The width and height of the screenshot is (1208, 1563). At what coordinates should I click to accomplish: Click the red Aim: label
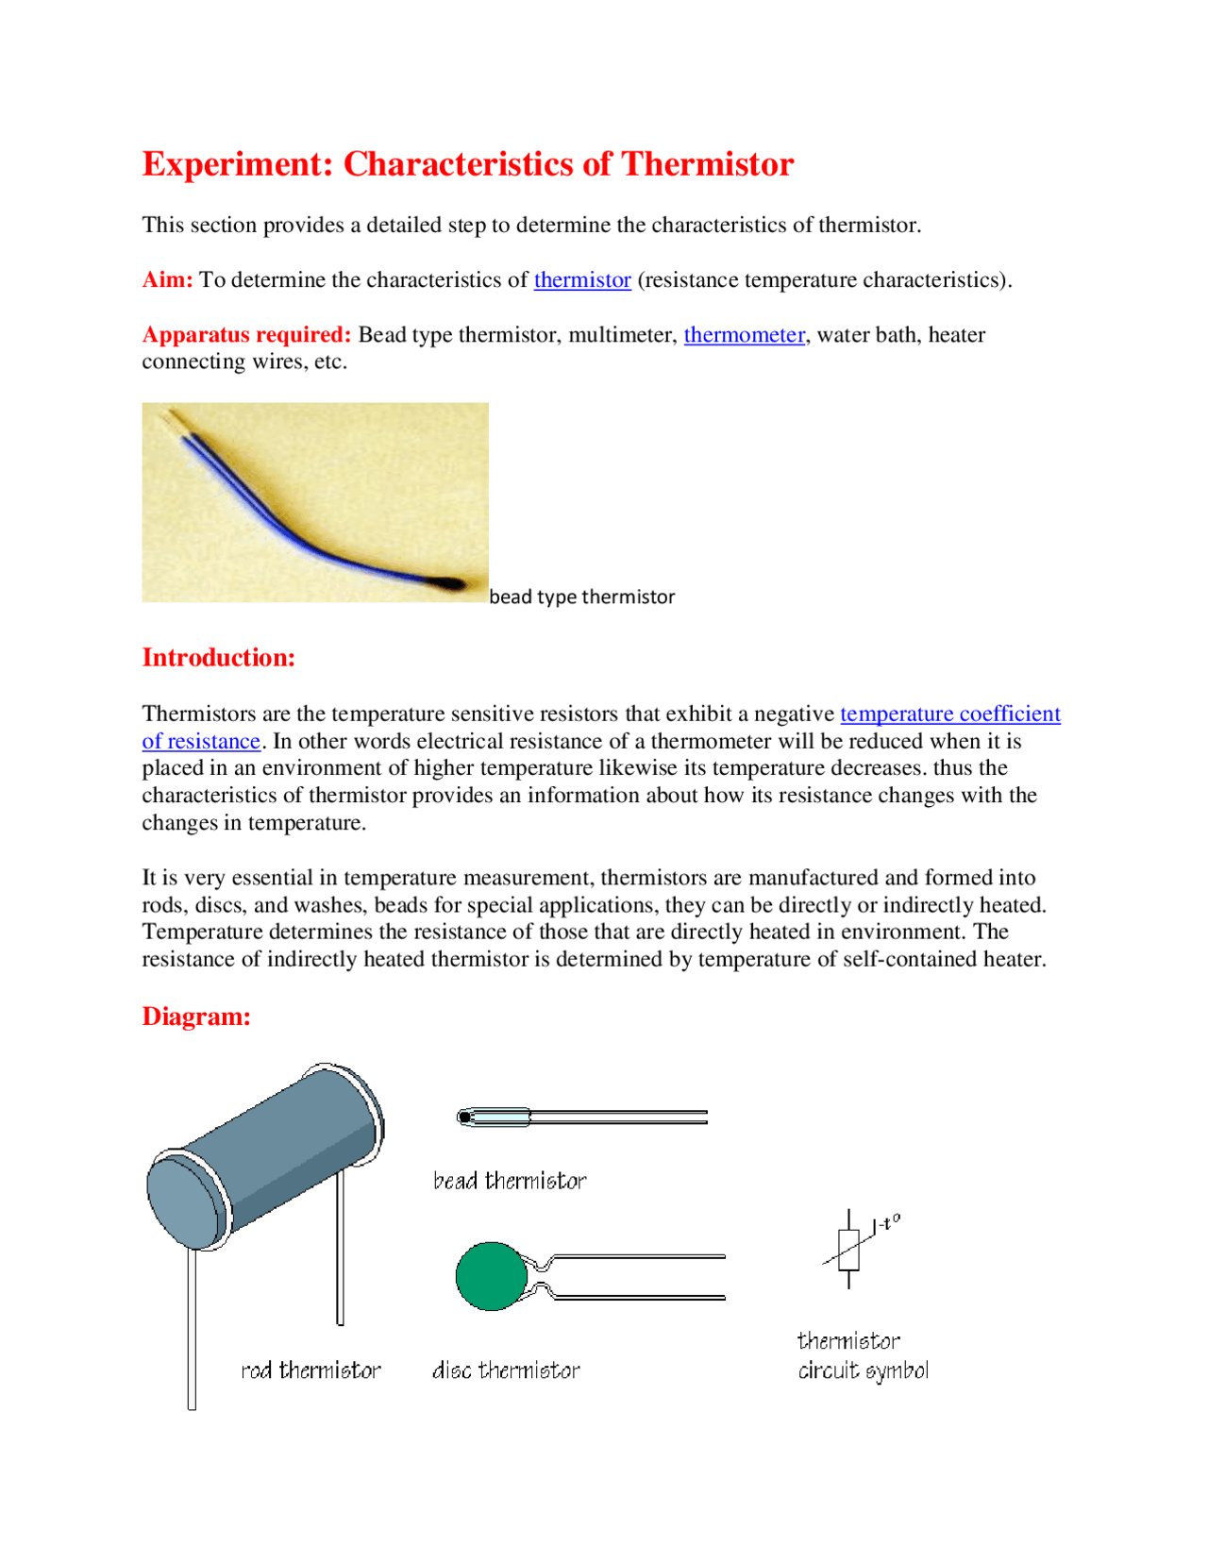[x=167, y=280]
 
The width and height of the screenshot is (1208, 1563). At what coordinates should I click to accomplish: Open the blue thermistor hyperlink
[x=582, y=280]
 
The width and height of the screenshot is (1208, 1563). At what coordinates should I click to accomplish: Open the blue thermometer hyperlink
[x=744, y=335]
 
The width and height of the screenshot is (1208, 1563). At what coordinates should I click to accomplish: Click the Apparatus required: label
[x=246, y=335]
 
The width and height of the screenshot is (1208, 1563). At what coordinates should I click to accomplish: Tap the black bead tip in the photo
[x=453, y=584]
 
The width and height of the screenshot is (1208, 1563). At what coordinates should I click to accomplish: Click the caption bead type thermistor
[x=581, y=597]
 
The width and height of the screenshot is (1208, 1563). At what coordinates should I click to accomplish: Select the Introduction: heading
[x=218, y=658]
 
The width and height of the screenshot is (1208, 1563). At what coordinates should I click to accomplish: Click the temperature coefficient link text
[x=949, y=714]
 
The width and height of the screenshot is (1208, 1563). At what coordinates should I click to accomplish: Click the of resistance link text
[x=201, y=742]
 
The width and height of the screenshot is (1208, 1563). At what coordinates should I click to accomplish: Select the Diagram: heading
[x=196, y=1017]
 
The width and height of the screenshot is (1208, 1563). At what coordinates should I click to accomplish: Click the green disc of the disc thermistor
[x=490, y=1276]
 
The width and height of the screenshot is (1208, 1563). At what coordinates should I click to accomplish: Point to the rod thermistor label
[x=310, y=1370]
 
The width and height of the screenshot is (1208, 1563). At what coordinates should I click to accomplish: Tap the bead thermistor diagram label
[x=510, y=1181]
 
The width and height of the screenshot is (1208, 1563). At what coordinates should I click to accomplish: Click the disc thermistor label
[x=506, y=1370]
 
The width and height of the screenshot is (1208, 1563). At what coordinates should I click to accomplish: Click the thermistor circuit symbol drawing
[x=848, y=1250]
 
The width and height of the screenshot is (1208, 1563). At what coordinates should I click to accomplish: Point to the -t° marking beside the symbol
[x=887, y=1224]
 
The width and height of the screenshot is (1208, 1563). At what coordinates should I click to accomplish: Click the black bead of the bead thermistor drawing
[x=464, y=1118]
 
